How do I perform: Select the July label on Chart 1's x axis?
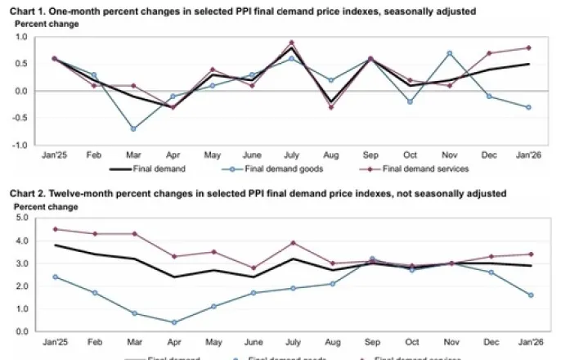coord(291,154)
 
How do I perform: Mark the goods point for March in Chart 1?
coord(132,128)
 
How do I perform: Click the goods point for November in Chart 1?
coord(451,53)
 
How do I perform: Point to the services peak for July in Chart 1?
coord(292,42)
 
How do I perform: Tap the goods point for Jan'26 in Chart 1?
coord(529,107)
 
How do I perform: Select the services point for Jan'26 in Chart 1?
coord(529,47)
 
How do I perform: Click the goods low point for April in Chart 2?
coord(173,322)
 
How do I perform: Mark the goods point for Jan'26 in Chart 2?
coord(530,295)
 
